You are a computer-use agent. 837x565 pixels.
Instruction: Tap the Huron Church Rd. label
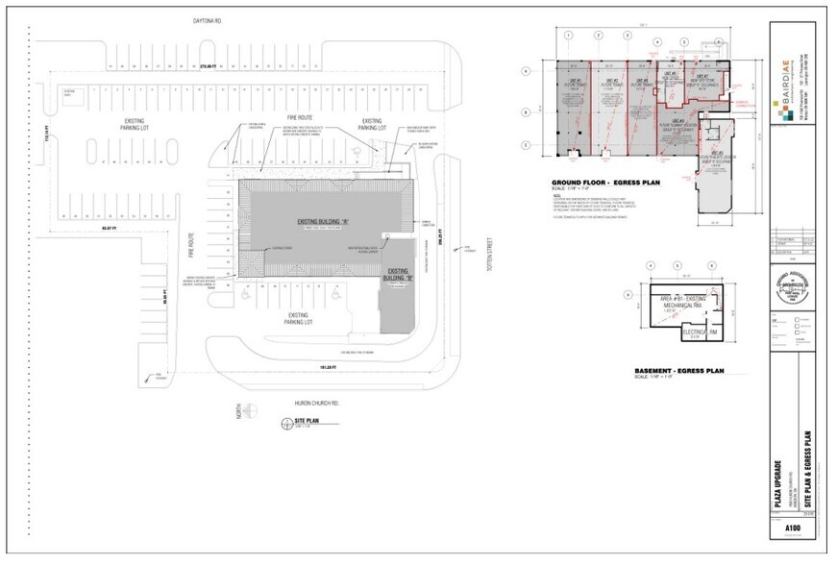pos(306,403)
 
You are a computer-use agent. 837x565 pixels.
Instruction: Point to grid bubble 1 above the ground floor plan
pos(568,35)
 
